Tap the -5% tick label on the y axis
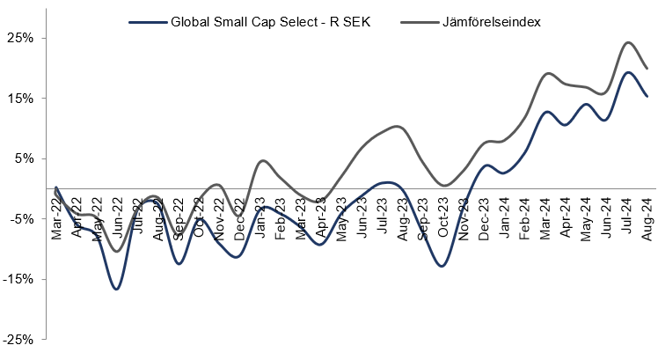(x=23, y=218)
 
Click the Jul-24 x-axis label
(x=627, y=214)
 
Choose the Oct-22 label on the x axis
(x=199, y=214)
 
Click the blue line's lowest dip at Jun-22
(x=116, y=289)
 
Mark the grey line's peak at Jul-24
(x=628, y=42)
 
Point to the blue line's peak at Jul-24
(x=628, y=72)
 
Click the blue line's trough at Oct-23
(x=442, y=266)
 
